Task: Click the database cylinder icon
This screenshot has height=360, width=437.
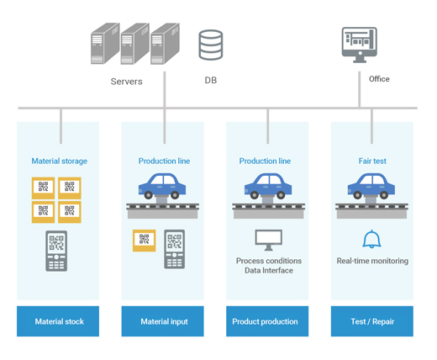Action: [x=211, y=45]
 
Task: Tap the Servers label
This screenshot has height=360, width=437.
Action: [x=126, y=82]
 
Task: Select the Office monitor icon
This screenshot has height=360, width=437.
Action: [x=360, y=45]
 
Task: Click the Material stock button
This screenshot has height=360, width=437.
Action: [x=58, y=321]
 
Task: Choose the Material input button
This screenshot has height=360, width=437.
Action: [x=162, y=321]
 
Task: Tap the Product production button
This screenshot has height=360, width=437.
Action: [x=267, y=321]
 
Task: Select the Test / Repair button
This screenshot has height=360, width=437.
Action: [x=372, y=321]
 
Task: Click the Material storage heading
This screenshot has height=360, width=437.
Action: [x=60, y=161]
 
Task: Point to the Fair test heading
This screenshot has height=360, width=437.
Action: [x=372, y=161]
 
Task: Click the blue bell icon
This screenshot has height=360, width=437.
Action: [x=371, y=239]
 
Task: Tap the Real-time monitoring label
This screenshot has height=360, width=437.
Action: [x=372, y=261]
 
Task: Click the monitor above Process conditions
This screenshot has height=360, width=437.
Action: [x=269, y=240]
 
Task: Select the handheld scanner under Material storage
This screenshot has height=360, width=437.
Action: [x=56, y=251]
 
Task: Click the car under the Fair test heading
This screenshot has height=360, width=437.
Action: [x=371, y=186]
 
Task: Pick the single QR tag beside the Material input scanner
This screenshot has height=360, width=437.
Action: [x=144, y=241]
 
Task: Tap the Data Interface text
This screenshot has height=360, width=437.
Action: [x=269, y=271]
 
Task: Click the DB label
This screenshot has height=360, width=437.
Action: [x=211, y=80]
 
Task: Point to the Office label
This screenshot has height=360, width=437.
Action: [x=379, y=79]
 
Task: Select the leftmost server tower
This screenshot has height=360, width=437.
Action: [x=105, y=44]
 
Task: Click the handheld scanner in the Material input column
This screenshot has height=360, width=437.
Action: [x=174, y=249]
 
